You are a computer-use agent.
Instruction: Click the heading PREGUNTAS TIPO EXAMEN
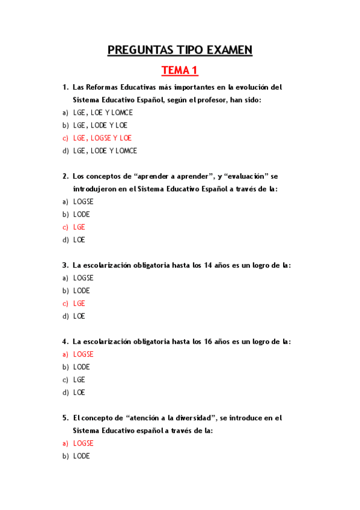180,50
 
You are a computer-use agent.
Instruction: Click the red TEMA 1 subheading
180,71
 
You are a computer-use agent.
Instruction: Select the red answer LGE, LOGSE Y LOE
102,138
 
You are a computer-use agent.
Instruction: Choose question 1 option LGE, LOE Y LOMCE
103,112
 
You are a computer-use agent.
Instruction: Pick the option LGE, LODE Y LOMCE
105,151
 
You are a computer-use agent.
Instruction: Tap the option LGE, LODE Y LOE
100,126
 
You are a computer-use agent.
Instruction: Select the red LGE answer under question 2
79,227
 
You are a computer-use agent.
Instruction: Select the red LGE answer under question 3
79,304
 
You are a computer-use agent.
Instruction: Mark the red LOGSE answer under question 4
83,354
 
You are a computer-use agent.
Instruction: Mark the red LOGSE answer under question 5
83,443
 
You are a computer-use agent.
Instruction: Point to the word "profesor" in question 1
209,100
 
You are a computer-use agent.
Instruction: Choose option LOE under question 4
79,393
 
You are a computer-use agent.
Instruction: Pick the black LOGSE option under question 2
83,201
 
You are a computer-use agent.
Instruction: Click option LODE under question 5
81,456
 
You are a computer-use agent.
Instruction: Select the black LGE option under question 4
79,380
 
